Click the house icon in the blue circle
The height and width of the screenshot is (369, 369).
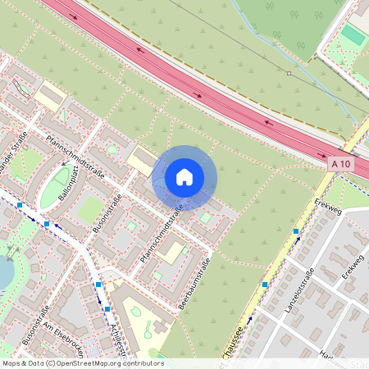(184, 177)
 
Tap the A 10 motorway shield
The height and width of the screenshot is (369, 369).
(345, 164)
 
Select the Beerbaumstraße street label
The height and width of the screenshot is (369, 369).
(196, 284)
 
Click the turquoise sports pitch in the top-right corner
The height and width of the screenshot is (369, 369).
(353, 35)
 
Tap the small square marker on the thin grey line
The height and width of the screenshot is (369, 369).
(289, 73)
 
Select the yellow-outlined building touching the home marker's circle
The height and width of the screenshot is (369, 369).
(143, 161)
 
